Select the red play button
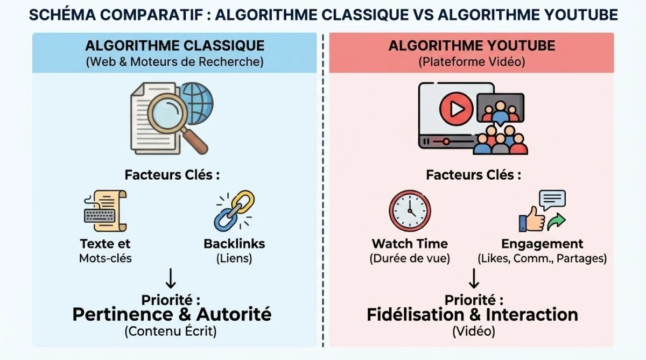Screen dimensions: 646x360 pos(456,109)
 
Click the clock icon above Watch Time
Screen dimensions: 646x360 pos(410,211)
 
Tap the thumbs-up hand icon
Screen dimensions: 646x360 pos(532,220)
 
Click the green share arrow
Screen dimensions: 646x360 pos(556,221)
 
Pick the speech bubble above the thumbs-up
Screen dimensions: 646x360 pos(552,200)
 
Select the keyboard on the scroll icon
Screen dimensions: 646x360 pos(100,215)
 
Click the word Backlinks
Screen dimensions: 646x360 pos(234,244)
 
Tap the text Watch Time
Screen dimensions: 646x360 pos(410,244)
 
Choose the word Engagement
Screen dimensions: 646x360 pos(542,244)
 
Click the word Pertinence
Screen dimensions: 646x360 pos(122,314)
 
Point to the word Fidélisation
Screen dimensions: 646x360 pos(417,314)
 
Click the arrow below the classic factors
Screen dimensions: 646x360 pos(171,278)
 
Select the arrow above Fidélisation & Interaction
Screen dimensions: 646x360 pos(474,278)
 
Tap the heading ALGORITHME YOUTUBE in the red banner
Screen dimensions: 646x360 pos(472,46)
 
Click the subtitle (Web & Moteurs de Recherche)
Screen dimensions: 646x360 pos(175,62)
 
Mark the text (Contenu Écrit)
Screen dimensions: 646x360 pos(171,331)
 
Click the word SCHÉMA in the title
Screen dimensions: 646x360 pos(62,15)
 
